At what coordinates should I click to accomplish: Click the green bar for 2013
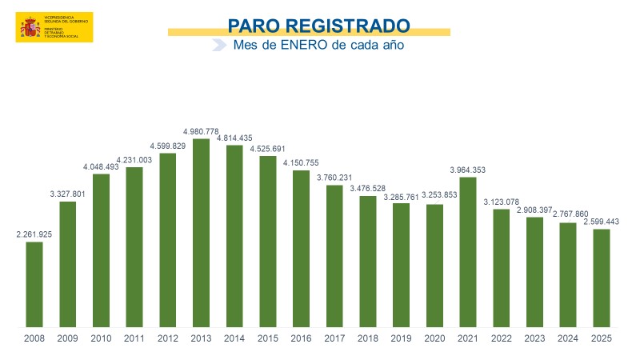[x=202, y=233]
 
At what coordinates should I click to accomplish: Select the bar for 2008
[x=34, y=284]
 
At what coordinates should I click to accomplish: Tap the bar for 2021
[x=468, y=252]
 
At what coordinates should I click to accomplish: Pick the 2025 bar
[x=602, y=278]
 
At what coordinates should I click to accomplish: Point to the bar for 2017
[x=334, y=256]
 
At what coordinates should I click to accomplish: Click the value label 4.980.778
[x=202, y=131]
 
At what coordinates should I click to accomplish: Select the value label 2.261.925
[x=34, y=234]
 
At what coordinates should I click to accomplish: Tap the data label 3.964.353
[x=468, y=170]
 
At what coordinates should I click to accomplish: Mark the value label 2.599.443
[x=602, y=222]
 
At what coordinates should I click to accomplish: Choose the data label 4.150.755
[x=302, y=163]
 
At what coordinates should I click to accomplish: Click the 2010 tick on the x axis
[x=102, y=338]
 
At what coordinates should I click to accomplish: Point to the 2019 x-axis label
[x=402, y=338]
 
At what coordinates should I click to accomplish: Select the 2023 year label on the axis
[x=535, y=338]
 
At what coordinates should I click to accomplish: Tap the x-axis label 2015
[x=268, y=338]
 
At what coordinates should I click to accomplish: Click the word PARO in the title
[x=255, y=26]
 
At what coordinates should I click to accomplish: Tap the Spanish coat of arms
[x=30, y=29]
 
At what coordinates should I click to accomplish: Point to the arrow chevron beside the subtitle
[x=218, y=46]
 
